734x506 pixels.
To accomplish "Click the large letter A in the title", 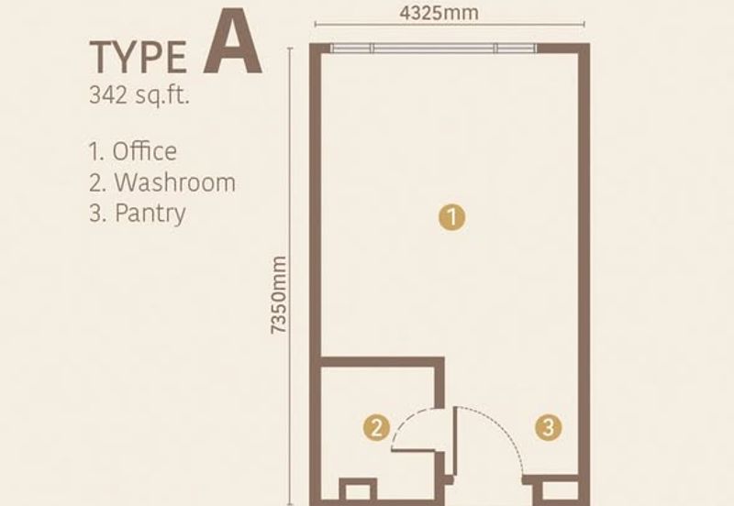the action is click(x=232, y=42).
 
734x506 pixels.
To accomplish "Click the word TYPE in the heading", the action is click(x=139, y=58).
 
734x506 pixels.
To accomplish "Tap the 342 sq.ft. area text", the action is click(x=139, y=95).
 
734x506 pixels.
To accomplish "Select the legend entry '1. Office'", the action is click(x=133, y=151).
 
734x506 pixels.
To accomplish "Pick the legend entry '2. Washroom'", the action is click(x=162, y=181).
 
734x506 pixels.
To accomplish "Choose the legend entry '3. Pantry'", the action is click(x=137, y=214).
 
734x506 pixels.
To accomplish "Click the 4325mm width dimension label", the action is click(x=439, y=13).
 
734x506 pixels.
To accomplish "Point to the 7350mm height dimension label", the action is click(x=279, y=295).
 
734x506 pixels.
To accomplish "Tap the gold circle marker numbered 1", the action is click(x=451, y=217).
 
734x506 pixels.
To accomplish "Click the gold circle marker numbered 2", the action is click(x=376, y=427).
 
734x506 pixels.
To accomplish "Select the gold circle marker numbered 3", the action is click(x=548, y=427).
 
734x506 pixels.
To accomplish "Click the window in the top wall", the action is click(x=433, y=49).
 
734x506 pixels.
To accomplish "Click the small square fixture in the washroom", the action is click(x=358, y=490).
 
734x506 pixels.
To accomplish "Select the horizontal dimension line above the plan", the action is click(x=450, y=25).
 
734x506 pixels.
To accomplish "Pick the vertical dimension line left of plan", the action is click(x=290, y=276).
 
